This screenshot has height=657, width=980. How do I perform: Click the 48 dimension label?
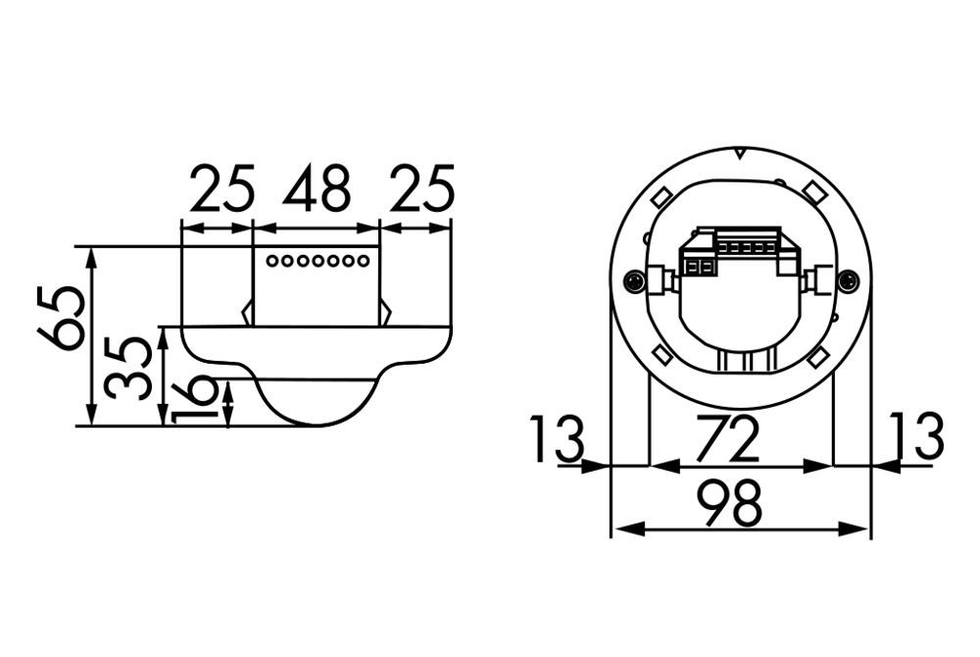pos(317,186)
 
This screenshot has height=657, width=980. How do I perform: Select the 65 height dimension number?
pos(60,318)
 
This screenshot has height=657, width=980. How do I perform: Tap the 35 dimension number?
pos(128,368)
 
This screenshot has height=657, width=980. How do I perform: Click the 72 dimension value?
pos(727,437)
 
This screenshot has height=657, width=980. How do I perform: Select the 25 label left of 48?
pos(222,186)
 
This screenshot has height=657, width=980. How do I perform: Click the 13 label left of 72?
pos(557,438)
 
